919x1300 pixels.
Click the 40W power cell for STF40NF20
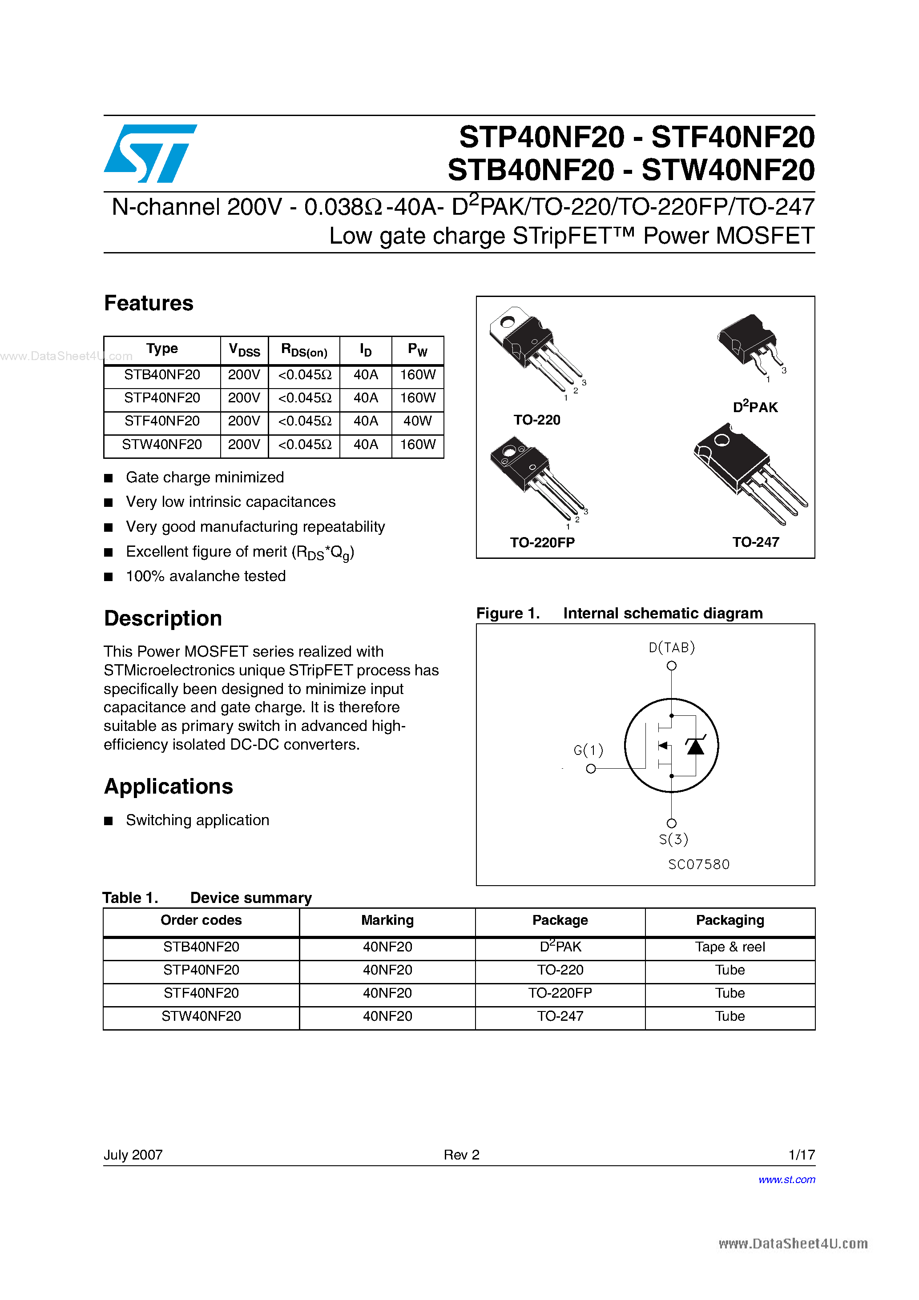coord(418,421)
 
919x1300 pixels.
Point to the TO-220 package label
coord(536,420)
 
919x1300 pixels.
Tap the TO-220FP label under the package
coord(542,542)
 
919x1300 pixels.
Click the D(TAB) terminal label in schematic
coord(671,647)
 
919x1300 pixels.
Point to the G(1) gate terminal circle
coord(591,768)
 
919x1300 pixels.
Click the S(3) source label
coord(673,839)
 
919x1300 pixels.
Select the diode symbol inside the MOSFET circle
coord(695,746)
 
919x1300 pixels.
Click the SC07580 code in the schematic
coord(699,864)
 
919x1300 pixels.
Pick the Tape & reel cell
coord(730,947)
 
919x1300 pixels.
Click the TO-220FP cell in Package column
coord(560,993)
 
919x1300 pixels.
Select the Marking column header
coord(387,920)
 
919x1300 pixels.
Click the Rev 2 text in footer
coord(461,1155)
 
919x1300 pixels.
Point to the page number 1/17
coord(801,1155)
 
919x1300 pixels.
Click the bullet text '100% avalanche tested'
coord(206,576)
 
